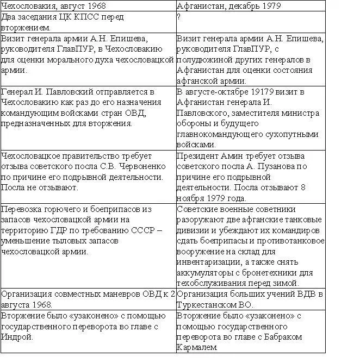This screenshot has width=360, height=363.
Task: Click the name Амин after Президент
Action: pos(230,157)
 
